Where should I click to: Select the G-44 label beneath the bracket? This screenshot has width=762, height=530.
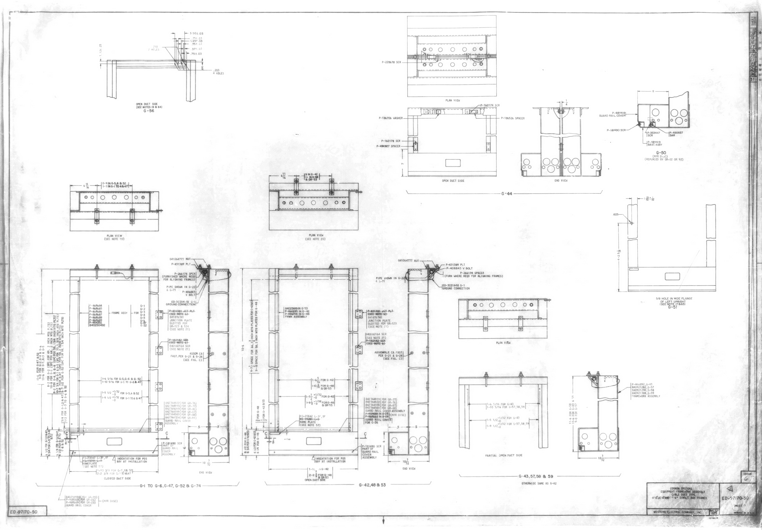pyautogui.click(x=506, y=193)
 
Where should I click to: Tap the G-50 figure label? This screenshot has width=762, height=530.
pyautogui.click(x=663, y=153)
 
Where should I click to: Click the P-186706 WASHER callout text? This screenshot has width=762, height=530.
pyautogui.click(x=391, y=118)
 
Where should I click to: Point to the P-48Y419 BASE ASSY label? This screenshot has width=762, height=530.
pyautogui.click(x=654, y=143)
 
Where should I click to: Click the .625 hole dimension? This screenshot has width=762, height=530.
pyautogui.click(x=616, y=214)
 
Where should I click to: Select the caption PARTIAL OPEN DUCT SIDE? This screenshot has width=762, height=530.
pyautogui.click(x=503, y=455)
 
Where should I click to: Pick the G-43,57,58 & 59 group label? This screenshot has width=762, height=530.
pyautogui.click(x=536, y=476)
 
